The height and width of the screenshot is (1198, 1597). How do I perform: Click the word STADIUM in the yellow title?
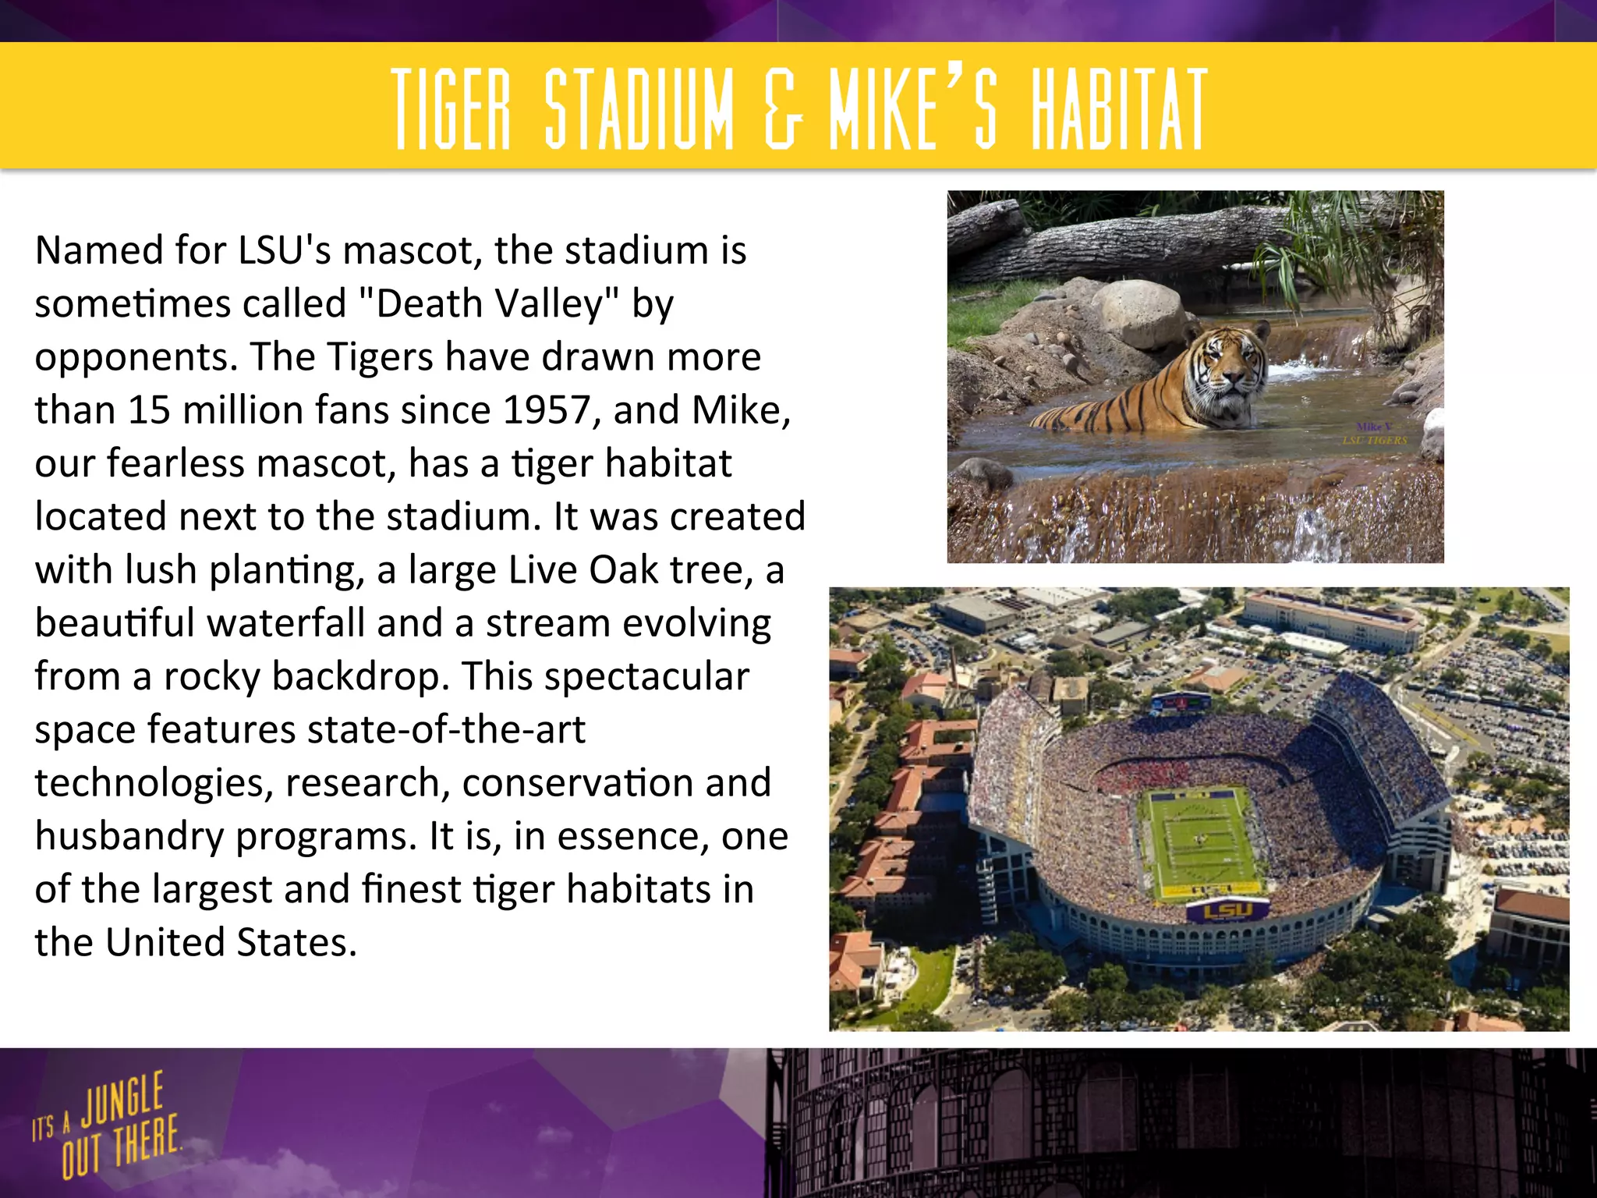point(639,109)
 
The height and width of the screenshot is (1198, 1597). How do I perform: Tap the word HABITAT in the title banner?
point(1120,109)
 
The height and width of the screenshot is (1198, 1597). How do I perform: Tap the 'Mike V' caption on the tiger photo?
point(1374,427)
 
